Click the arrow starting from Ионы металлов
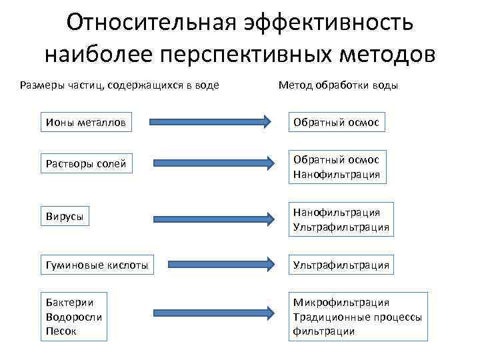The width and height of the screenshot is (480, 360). click(x=211, y=122)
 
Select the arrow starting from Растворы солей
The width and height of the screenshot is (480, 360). click(x=211, y=162)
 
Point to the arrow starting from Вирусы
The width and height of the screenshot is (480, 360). click(x=211, y=218)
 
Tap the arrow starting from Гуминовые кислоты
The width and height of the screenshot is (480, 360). click(x=211, y=264)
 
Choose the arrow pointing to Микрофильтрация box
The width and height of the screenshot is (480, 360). click(x=211, y=312)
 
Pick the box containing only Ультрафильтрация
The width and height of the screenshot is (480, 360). click(x=340, y=265)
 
